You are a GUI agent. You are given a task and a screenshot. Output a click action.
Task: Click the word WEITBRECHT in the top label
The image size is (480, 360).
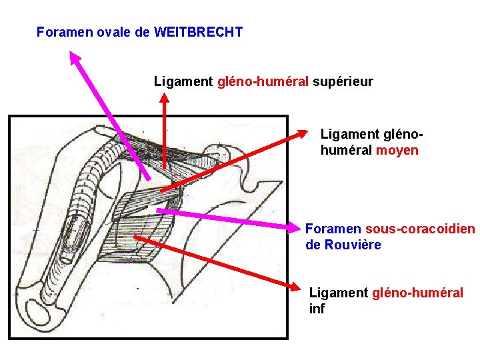point(198,31)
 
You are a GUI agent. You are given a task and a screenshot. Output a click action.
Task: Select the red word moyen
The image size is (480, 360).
point(397,150)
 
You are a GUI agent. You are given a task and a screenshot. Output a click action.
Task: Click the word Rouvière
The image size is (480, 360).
point(353,245)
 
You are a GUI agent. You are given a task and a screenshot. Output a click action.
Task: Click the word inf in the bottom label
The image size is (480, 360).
point(317,309)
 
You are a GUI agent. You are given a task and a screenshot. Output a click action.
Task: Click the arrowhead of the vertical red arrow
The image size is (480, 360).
point(164,97)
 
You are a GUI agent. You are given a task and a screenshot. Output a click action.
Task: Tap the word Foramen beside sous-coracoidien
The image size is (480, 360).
point(333,229)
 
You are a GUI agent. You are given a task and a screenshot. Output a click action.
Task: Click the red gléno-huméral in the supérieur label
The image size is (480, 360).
point(263,82)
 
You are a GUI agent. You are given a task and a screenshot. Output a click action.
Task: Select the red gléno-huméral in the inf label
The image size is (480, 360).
point(417,292)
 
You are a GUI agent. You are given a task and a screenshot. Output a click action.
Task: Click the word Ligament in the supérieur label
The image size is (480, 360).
point(183,82)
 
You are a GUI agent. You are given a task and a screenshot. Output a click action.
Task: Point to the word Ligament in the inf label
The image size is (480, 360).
point(339,292)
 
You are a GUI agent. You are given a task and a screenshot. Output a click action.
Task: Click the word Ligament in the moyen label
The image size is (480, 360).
point(350,134)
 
